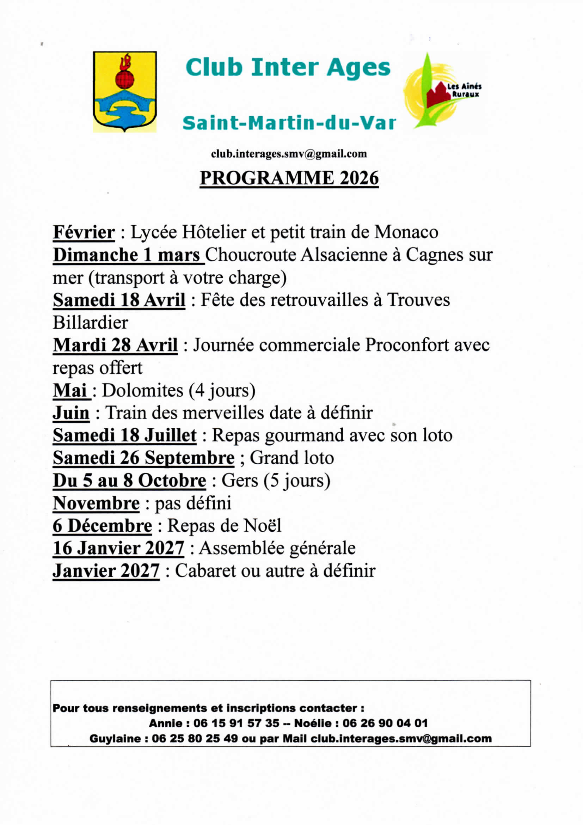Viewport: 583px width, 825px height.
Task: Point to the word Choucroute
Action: click(252, 255)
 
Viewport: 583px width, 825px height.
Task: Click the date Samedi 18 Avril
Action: click(119, 300)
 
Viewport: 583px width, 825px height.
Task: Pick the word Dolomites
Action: click(143, 390)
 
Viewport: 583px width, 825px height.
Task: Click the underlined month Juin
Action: click(71, 413)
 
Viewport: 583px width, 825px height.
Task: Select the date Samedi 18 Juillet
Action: click(125, 435)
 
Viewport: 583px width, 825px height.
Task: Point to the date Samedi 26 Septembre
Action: click(143, 458)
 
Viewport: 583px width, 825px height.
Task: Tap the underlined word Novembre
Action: click(96, 503)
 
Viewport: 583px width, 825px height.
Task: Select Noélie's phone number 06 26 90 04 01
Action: click(385, 723)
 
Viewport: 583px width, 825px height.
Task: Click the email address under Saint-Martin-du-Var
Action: click(289, 154)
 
